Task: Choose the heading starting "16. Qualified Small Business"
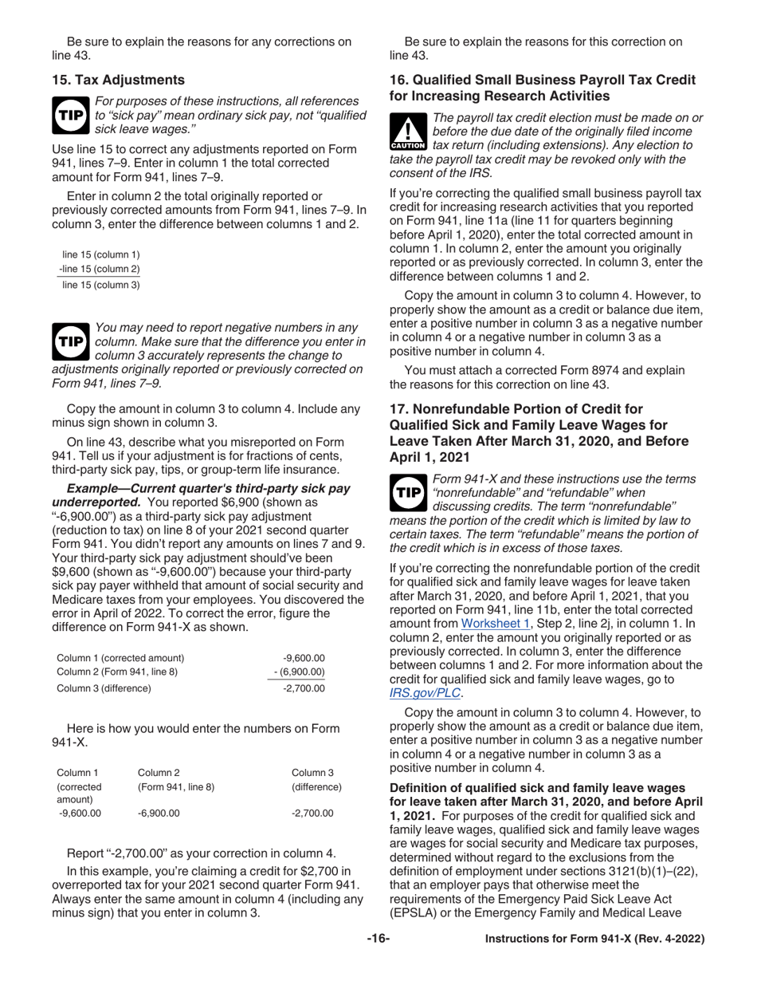(x=542, y=88)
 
